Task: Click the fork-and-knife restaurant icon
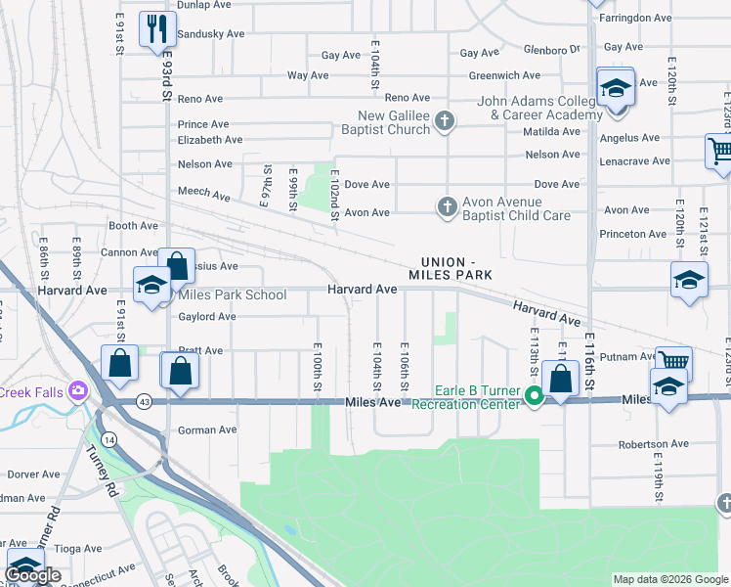coord(155,27)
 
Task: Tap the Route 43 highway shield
coord(144,401)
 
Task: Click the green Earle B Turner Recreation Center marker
coord(534,396)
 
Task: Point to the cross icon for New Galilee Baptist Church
coord(445,121)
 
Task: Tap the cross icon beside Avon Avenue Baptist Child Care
coord(447,205)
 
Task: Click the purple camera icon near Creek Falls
coord(77,391)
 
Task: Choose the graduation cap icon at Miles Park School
coord(151,285)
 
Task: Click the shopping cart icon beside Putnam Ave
coord(673,363)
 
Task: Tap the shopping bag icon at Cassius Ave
coord(177,264)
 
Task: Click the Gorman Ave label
coord(206,429)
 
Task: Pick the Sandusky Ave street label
coord(210,33)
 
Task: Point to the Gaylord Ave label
coord(206,316)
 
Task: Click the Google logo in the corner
coord(32,575)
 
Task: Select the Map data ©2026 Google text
coord(670,579)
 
